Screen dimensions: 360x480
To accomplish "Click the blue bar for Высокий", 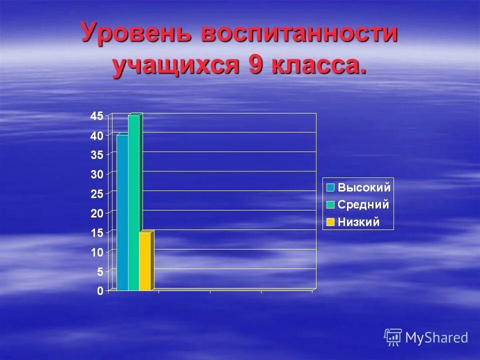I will click(x=122, y=212).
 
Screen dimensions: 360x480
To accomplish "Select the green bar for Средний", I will click(x=133, y=202).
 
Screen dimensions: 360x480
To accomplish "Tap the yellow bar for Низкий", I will click(x=144, y=261).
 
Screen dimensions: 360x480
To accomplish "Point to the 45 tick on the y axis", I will click(x=97, y=116).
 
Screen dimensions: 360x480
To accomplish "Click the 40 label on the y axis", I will click(x=97, y=135).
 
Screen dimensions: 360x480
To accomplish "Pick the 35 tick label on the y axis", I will click(x=97, y=155).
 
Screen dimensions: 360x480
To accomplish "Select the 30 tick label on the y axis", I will click(x=97, y=174).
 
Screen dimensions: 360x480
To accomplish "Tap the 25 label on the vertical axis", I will click(x=97, y=194).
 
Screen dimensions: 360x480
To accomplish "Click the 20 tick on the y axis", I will click(x=97, y=213).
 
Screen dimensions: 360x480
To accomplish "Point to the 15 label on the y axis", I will click(x=97, y=233).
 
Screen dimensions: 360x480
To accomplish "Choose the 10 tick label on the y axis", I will click(x=97, y=252).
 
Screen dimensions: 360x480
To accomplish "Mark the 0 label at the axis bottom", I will click(x=100, y=291).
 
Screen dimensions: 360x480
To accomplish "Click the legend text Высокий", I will click(x=364, y=188).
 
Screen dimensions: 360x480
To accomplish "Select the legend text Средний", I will click(x=363, y=204).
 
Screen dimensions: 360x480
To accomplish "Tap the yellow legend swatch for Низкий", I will click(x=330, y=222).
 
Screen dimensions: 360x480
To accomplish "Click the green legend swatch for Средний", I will click(x=330, y=204).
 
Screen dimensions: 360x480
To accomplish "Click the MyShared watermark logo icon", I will click(x=393, y=337).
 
